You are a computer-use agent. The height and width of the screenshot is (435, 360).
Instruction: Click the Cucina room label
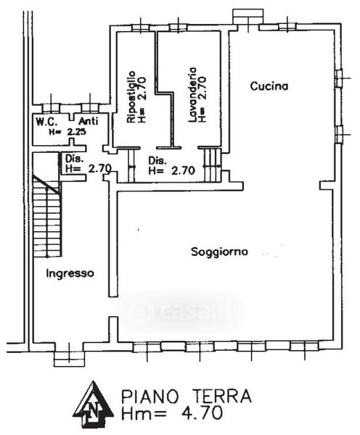click(x=269, y=86)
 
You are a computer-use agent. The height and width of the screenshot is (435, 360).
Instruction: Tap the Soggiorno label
click(x=219, y=252)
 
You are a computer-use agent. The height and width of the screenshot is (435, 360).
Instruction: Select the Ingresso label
click(x=70, y=273)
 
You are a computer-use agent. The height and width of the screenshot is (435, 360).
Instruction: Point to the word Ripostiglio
click(x=131, y=97)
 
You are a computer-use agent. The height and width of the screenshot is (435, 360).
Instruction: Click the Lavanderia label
click(x=192, y=94)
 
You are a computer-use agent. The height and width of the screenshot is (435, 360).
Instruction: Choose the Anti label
click(x=89, y=121)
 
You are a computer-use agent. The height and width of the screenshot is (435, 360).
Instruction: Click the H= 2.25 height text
click(x=67, y=132)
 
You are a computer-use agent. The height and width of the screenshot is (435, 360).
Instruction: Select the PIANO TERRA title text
click(x=187, y=396)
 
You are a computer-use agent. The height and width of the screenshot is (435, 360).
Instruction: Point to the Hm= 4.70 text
click(x=172, y=413)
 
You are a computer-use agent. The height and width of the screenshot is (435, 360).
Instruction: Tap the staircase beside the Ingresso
click(x=46, y=215)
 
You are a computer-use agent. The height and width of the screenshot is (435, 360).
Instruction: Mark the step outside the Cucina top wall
click(x=247, y=17)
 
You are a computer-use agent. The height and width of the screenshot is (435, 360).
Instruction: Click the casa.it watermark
click(x=181, y=311)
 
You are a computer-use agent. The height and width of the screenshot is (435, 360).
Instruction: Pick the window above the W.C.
click(x=51, y=107)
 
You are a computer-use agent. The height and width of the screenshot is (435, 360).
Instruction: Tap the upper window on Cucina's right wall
click(x=339, y=78)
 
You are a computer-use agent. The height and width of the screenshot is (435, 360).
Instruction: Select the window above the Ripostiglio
click(x=141, y=28)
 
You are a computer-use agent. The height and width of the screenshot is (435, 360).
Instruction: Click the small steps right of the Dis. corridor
click(x=213, y=165)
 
